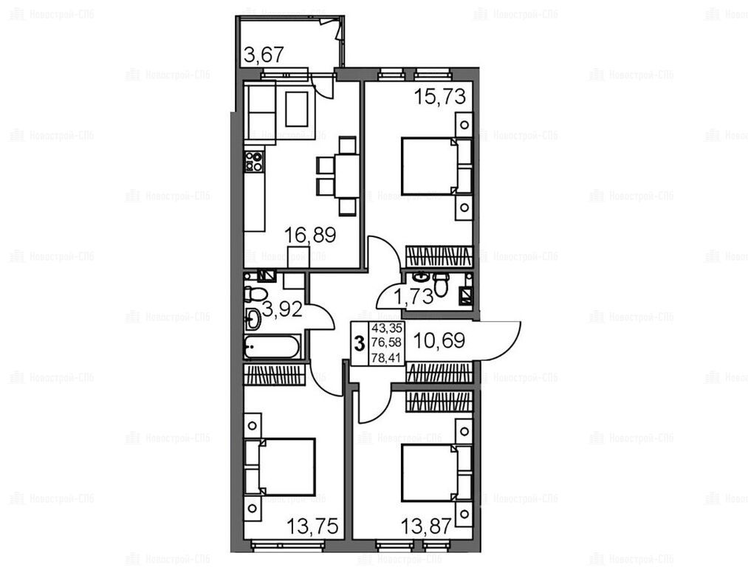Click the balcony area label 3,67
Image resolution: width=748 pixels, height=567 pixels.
[264, 55]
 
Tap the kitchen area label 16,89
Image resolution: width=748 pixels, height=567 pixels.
[310, 235]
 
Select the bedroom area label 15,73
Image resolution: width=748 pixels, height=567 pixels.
[439, 97]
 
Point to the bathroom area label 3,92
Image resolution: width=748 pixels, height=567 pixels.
[282, 310]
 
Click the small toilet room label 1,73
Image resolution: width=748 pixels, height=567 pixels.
[413, 297]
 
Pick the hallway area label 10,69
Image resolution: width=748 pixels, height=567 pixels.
[439, 340]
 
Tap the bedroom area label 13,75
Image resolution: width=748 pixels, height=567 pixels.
[312, 526]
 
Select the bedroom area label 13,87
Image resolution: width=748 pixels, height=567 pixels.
[425, 526]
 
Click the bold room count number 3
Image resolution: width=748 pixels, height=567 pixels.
[360, 343]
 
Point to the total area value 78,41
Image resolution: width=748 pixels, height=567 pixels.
[386, 357]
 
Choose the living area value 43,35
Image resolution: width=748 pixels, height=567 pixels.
[387, 328]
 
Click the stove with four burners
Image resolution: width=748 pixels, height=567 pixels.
[254, 161]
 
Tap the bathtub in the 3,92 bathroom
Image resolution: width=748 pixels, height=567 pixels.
[272, 347]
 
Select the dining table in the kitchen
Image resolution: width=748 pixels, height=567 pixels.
[346, 175]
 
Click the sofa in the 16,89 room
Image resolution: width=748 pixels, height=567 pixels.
[260, 112]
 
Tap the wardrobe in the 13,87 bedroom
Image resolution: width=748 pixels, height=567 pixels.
[439, 402]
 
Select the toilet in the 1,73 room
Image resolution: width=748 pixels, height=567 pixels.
[441, 284]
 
